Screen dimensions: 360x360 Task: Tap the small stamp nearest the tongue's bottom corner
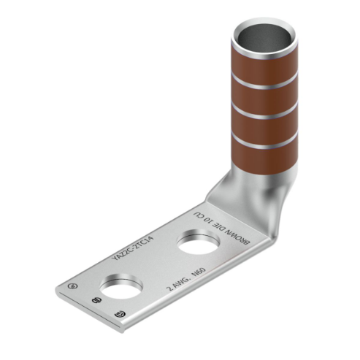pos(119,314)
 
